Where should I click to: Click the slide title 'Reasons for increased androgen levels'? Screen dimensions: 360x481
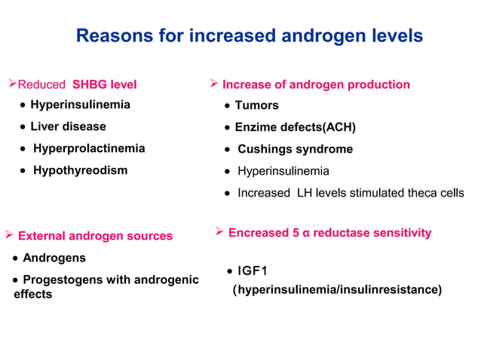pos(250,35)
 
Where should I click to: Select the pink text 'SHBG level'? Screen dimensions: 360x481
pos(104,84)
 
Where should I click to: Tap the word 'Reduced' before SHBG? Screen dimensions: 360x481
pos(42,84)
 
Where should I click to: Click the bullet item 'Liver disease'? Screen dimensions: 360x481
pos(68,127)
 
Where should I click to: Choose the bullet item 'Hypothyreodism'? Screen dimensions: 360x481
pos(80,170)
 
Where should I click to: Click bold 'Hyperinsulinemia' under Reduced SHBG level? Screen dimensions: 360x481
pos(80,105)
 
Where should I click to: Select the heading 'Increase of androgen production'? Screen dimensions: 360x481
pos(316,84)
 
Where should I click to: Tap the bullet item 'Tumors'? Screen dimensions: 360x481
pos(256,105)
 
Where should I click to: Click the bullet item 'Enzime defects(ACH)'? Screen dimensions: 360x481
pos(295,127)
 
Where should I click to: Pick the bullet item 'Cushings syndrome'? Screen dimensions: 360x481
pos(295,149)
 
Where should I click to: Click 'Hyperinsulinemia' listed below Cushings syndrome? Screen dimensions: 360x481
pos(283,171)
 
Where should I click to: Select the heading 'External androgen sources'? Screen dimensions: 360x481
pos(95,236)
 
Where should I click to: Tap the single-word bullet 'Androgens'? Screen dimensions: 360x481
pos(54,258)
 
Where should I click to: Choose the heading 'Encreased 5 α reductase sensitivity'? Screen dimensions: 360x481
pos(329,233)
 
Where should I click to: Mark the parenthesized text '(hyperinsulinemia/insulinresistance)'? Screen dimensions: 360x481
pos(337,289)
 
